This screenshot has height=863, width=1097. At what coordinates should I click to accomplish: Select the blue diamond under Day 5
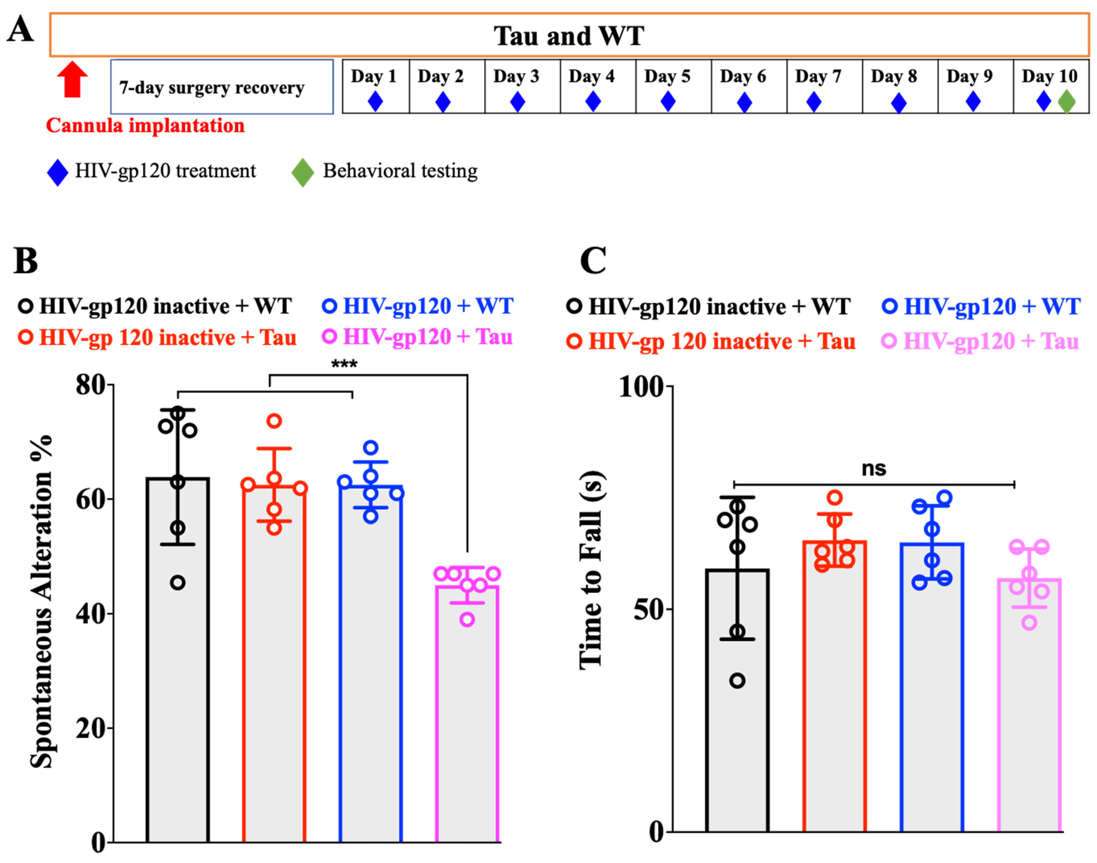[668, 102]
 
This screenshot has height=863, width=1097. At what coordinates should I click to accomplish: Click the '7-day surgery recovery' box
[222, 87]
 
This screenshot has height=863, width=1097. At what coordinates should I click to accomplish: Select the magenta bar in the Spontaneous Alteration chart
[467, 718]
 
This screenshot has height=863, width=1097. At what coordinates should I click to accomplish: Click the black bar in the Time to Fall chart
[738, 707]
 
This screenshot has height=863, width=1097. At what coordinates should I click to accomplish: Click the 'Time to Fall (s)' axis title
[592, 571]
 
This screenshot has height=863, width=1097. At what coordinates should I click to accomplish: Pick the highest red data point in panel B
[274, 421]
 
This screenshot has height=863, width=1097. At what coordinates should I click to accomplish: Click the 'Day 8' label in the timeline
[893, 76]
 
